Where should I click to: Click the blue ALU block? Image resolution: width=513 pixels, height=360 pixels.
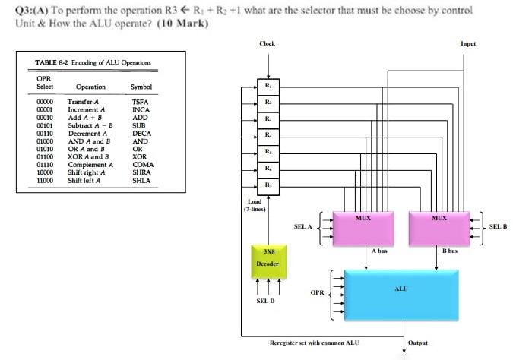tap(401, 289)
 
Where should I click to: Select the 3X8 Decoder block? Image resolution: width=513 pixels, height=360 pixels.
tap(268, 257)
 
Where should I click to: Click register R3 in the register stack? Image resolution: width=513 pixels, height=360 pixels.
tap(268, 118)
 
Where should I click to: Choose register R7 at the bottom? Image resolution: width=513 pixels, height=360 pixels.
tap(268, 185)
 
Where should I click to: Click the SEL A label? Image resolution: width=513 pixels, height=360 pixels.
tap(303, 226)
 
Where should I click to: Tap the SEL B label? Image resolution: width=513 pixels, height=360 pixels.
tap(498, 226)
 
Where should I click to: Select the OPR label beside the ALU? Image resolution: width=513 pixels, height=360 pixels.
tap(317, 291)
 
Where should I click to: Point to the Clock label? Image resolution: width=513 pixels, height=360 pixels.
tap(268, 44)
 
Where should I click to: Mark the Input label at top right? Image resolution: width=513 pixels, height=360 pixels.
tap(468, 44)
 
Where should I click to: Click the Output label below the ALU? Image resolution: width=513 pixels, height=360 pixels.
tap(418, 343)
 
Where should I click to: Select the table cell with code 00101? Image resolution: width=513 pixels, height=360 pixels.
tap(45, 125)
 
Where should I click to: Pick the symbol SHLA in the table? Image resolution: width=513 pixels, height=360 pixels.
tap(141, 180)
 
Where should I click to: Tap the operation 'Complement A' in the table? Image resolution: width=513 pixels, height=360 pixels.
tap(90, 164)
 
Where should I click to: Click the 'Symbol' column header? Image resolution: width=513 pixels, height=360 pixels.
tap(141, 87)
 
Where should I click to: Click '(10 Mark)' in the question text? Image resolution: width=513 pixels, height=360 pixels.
tap(184, 22)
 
